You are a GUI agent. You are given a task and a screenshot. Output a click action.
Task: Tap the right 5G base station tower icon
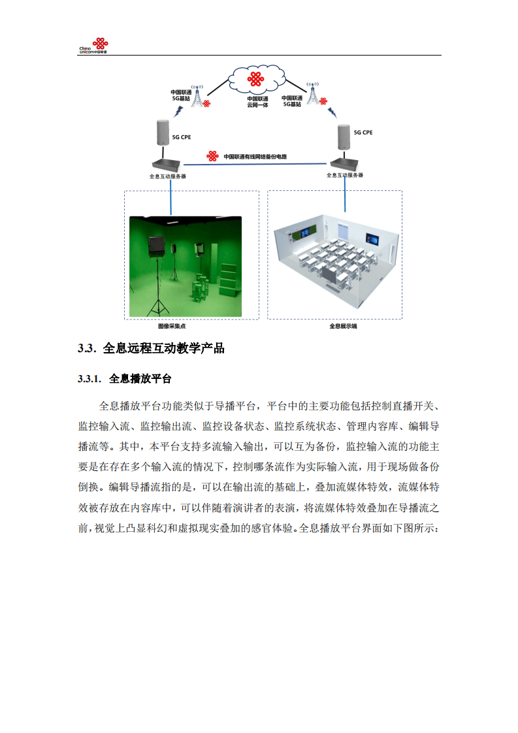coord(314,95)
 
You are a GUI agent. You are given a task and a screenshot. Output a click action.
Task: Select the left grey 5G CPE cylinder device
coord(163,133)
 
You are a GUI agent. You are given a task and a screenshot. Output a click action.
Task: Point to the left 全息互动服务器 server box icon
coord(167,165)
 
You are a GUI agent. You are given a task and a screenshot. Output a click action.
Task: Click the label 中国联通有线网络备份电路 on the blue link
coord(255,157)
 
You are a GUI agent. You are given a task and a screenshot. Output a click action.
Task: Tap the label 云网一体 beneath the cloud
coord(257,105)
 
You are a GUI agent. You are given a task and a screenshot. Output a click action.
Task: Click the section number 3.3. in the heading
coord(87,348)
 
